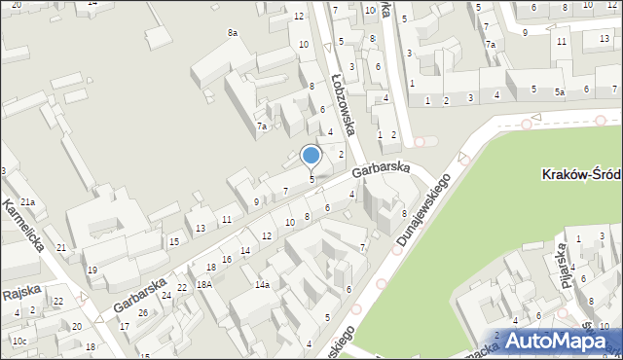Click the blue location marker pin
coord(311,156)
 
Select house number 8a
coord(233,33)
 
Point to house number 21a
coord(29,201)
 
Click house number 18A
coord(203,284)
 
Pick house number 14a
coord(262,284)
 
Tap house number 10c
coord(19,341)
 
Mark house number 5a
coord(560,91)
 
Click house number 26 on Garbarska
coord(143,311)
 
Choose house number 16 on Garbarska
coord(226,259)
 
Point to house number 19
coord(92,270)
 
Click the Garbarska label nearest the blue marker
coord(382,168)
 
